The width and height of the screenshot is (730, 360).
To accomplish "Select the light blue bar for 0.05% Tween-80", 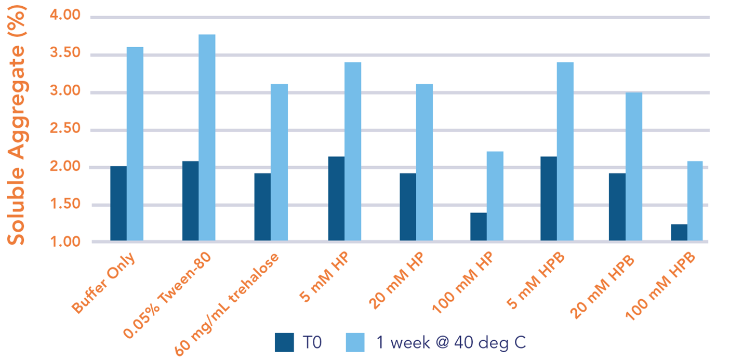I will pyautogui.click(x=207, y=138).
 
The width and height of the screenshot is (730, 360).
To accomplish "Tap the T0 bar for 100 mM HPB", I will pyautogui.click(x=679, y=232).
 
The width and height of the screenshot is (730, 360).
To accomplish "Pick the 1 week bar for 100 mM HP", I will pyautogui.click(x=495, y=196).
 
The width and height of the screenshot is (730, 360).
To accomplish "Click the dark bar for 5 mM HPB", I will pyautogui.click(x=549, y=198).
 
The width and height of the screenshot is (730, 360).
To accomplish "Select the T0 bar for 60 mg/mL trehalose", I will pyautogui.click(x=262, y=207).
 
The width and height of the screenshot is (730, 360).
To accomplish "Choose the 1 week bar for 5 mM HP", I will pyautogui.click(x=353, y=151).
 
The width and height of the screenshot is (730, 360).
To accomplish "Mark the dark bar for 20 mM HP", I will pyautogui.click(x=408, y=207).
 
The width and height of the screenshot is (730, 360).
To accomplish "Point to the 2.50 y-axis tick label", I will pyautogui.click(x=66, y=129).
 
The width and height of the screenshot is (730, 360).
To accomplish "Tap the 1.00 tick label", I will pyautogui.click(x=66, y=242).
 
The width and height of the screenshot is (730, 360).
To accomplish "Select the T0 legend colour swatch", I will pyautogui.click(x=285, y=342).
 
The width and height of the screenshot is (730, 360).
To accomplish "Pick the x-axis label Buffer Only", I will pyautogui.click(x=104, y=283).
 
